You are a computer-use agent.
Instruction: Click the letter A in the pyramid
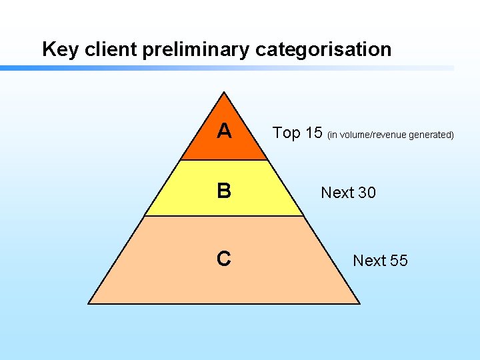(224, 131)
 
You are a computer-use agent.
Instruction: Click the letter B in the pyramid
(224, 191)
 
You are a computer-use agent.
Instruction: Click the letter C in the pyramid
(224, 258)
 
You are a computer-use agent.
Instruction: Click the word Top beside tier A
(287, 133)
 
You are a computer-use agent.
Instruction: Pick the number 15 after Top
(314, 133)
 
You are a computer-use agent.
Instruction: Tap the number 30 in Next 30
(367, 193)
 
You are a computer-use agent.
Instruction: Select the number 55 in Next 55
(399, 261)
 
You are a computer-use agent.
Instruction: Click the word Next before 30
(337, 193)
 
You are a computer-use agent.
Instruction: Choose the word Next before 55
(369, 261)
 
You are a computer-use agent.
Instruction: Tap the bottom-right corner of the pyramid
(359, 303)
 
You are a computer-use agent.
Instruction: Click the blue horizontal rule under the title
(200, 68)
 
